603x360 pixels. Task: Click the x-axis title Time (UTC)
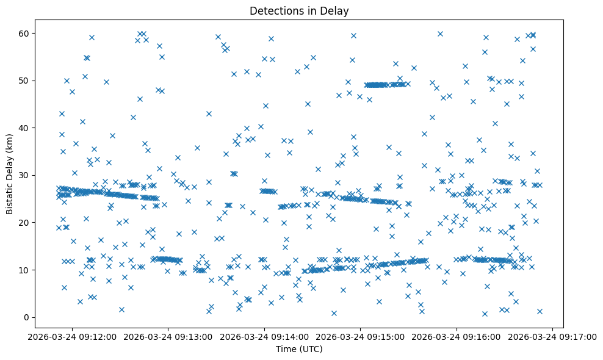click(299, 349)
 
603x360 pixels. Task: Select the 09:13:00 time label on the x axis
click(168, 336)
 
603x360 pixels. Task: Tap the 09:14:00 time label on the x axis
click(265, 336)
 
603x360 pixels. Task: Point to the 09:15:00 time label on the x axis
click(361, 336)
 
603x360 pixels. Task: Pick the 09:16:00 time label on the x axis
click(457, 336)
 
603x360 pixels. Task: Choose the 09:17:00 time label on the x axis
click(553, 336)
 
